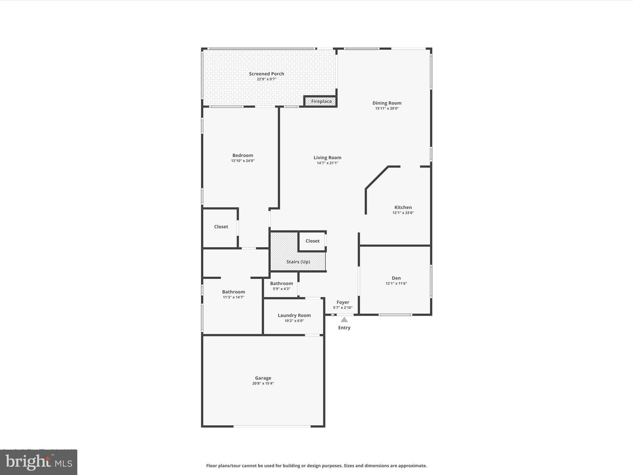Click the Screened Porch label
tap(266, 74)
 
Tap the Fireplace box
tap(321, 102)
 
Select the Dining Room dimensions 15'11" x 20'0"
tap(387, 109)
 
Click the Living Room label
tap(327, 157)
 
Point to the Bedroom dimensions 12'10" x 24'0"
tap(243, 161)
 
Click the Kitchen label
tap(403, 207)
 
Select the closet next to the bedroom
tap(221, 227)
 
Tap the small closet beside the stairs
tap(312, 241)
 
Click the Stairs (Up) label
tap(298, 262)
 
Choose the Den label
tap(396, 278)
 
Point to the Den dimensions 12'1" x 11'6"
tap(396, 284)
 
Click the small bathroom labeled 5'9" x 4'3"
tap(281, 286)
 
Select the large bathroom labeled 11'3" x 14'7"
tap(233, 294)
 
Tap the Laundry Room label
tap(294, 315)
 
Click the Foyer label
tap(343, 302)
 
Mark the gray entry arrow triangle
tap(344, 320)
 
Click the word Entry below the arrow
tap(344, 328)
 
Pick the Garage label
tap(263, 378)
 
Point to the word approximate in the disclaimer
tap(413, 466)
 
